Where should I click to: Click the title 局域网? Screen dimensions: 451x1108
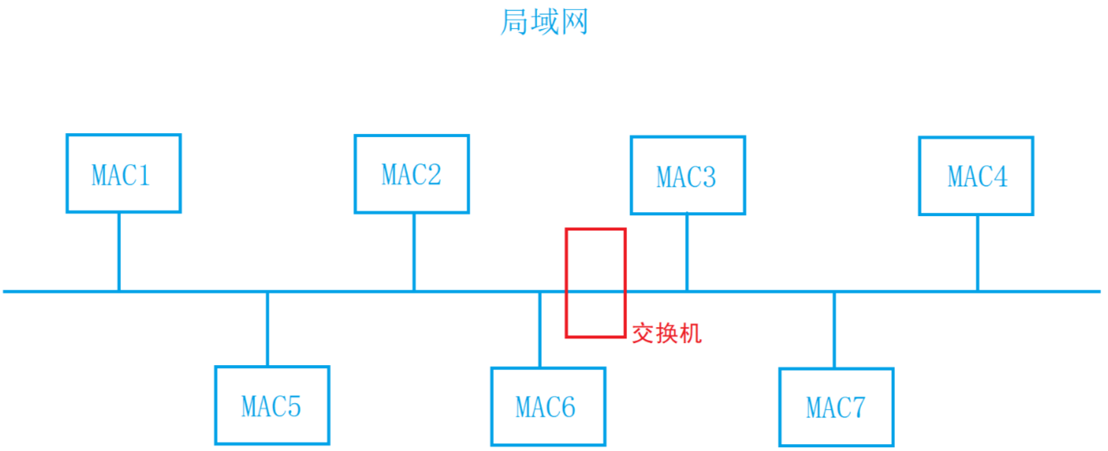544,22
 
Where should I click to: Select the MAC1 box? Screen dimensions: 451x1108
123,173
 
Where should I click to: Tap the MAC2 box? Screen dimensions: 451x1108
411,174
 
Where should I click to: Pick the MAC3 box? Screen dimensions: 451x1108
687,176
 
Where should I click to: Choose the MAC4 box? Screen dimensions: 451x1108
976,176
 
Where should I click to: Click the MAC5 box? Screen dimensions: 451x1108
272,405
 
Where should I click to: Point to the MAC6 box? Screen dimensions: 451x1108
547,407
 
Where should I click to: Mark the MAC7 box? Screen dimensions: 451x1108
836,408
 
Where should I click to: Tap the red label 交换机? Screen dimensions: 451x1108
667,333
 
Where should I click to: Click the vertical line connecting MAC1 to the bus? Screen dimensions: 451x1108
119,251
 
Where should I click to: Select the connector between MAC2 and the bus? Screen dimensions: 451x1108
414,251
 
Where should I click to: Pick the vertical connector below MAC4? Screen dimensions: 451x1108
977,252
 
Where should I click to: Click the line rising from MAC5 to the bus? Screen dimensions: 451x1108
267,329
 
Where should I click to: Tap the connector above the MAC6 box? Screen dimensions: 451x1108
540,329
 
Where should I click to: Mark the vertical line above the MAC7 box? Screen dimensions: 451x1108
834,330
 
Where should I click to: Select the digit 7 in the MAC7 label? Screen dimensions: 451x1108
858,408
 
